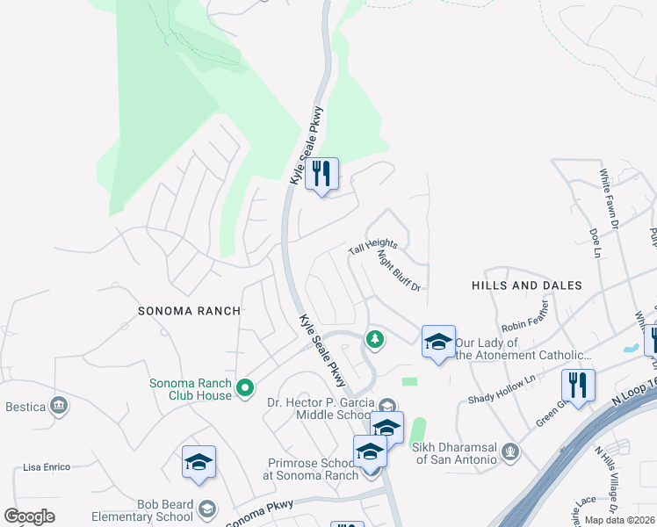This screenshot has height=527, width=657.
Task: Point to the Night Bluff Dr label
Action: [400, 271]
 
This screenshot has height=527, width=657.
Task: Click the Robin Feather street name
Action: [525, 317]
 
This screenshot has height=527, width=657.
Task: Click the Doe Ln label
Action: [594, 243]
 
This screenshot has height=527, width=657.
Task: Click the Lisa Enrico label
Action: [47, 467]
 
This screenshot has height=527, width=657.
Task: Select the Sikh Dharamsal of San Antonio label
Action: [458, 453]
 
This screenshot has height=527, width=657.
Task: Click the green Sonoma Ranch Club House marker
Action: [246, 386]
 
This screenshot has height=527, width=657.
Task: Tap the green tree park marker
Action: [375, 339]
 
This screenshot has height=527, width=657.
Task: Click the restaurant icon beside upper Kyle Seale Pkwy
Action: [322, 174]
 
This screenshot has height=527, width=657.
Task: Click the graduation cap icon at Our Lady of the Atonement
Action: [437, 342]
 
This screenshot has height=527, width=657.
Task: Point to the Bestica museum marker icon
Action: [59, 405]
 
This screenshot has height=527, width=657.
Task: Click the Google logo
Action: [30, 516]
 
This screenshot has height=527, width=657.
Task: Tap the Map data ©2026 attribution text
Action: [620, 520]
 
